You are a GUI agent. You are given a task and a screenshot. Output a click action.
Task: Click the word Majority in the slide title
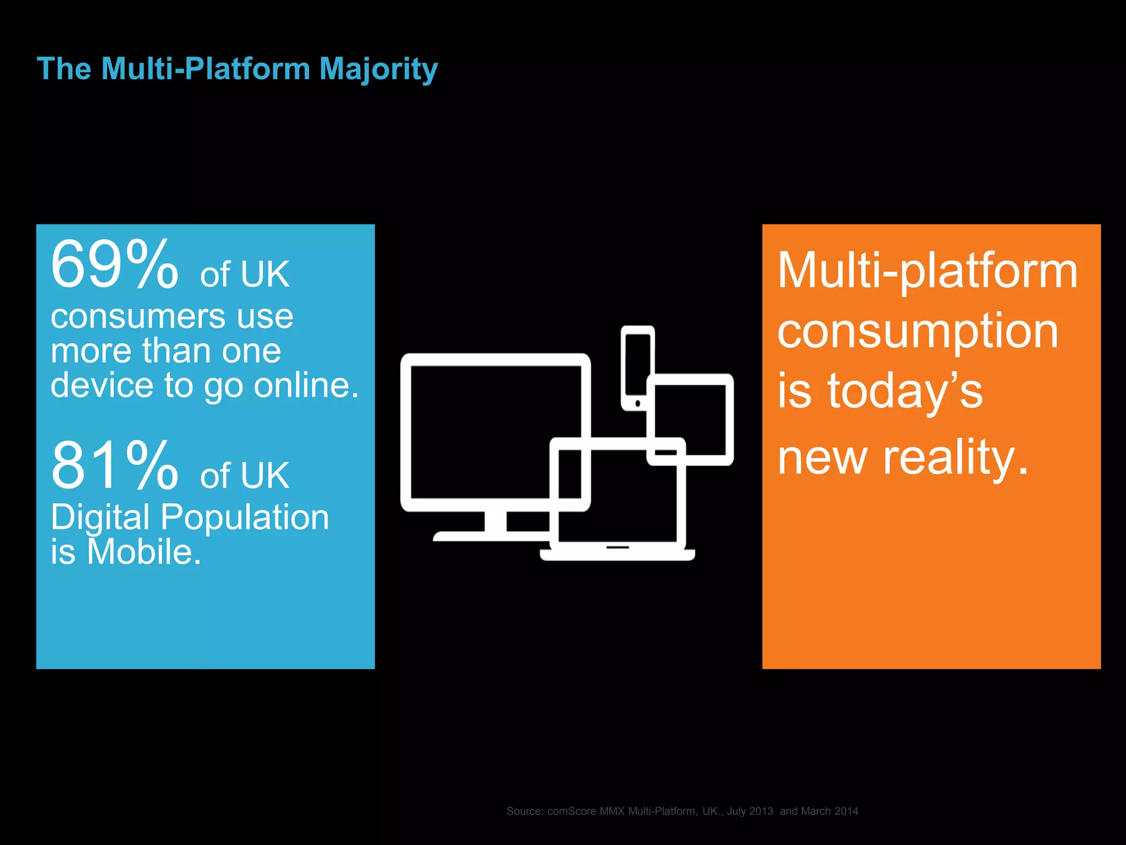pyautogui.click(x=378, y=70)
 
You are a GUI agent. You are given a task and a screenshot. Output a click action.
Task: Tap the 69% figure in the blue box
pyautogui.click(x=114, y=265)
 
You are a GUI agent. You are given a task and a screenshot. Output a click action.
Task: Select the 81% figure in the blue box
pyautogui.click(x=114, y=466)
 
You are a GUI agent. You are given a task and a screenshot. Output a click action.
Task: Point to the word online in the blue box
pyautogui.click(x=306, y=385)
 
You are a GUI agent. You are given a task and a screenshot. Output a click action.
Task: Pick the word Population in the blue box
pyautogui.click(x=245, y=518)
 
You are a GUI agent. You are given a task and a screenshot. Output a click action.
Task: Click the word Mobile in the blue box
pyautogui.click(x=144, y=552)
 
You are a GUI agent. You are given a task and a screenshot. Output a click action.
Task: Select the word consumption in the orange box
pyautogui.click(x=918, y=332)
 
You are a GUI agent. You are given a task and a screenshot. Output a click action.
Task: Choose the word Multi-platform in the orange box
pyautogui.click(x=928, y=271)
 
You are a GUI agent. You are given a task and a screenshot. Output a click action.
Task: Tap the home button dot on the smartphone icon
pyautogui.click(x=638, y=404)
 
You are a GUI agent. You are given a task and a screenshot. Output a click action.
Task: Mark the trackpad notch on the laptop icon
pyautogui.click(x=617, y=547)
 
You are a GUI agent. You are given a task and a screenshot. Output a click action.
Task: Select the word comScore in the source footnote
pyautogui.click(x=572, y=811)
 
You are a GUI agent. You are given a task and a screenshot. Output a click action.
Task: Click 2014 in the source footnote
pyautogui.click(x=846, y=811)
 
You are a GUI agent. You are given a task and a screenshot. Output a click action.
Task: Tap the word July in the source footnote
pyautogui.click(x=736, y=811)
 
